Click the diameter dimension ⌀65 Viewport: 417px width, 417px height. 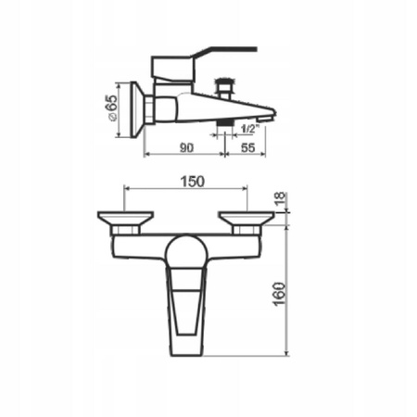click(x=111, y=108)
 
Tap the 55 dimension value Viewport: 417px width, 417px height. click(x=247, y=145)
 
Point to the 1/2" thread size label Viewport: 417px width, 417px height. click(x=249, y=128)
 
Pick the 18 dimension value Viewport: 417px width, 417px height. click(x=280, y=198)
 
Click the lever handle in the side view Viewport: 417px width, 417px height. click(x=204, y=55)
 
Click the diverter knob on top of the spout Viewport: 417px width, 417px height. click(x=223, y=89)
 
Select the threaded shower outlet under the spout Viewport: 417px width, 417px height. click(x=223, y=123)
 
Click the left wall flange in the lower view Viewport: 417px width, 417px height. click(x=125, y=218)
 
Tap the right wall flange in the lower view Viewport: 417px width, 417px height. click(x=246, y=218)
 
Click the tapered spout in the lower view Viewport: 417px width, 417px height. click(x=188, y=310)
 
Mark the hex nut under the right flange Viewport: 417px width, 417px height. click(x=246, y=228)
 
